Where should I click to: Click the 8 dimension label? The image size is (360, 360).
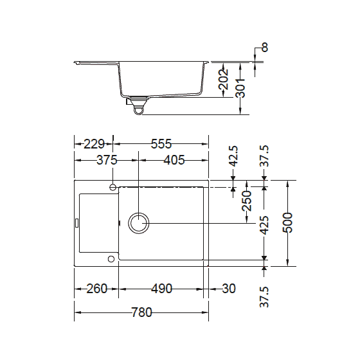[265, 48]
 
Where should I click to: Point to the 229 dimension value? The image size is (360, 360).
[94, 144]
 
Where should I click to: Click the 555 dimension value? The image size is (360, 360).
[161, 144]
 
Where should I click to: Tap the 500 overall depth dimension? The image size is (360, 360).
[287, 222]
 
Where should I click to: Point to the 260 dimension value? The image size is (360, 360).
[96, 289]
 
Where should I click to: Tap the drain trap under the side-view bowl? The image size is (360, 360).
[137, 107]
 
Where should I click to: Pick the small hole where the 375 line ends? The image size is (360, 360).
[113, 187]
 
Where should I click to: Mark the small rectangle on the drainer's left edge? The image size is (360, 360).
[77, 223]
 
